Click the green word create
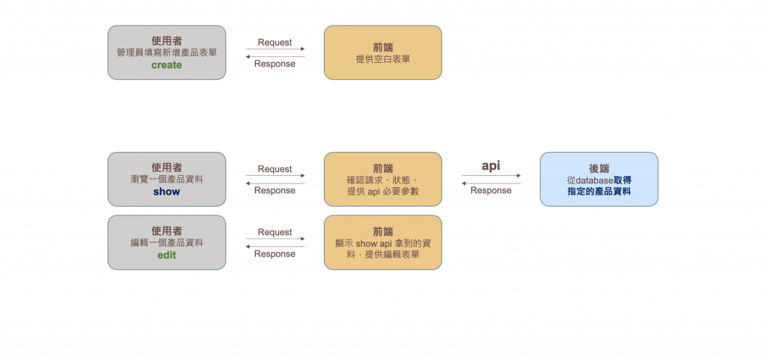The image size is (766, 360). coord(166,66)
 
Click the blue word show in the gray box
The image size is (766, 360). coord(166,192)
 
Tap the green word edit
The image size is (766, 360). coord(166,255)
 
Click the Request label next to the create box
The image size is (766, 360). coord(274,42)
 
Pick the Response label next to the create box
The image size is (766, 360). coord(274,64)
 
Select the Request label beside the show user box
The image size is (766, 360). coord(274,168)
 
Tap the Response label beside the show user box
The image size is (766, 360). coord(274,190)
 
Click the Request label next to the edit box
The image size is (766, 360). coord(274,232)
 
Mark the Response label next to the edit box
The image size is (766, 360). coord(274,254)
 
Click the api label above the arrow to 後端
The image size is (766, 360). coord(491,166)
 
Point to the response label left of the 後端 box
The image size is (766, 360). coord(491,190)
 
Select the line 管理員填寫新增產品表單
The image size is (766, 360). coord(166,53)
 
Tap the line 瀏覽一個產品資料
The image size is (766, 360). coord(166,180)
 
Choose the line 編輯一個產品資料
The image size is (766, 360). coord(166,242)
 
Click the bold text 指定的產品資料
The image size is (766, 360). coord(599,192)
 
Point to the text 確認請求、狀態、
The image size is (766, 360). coord(383,180)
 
